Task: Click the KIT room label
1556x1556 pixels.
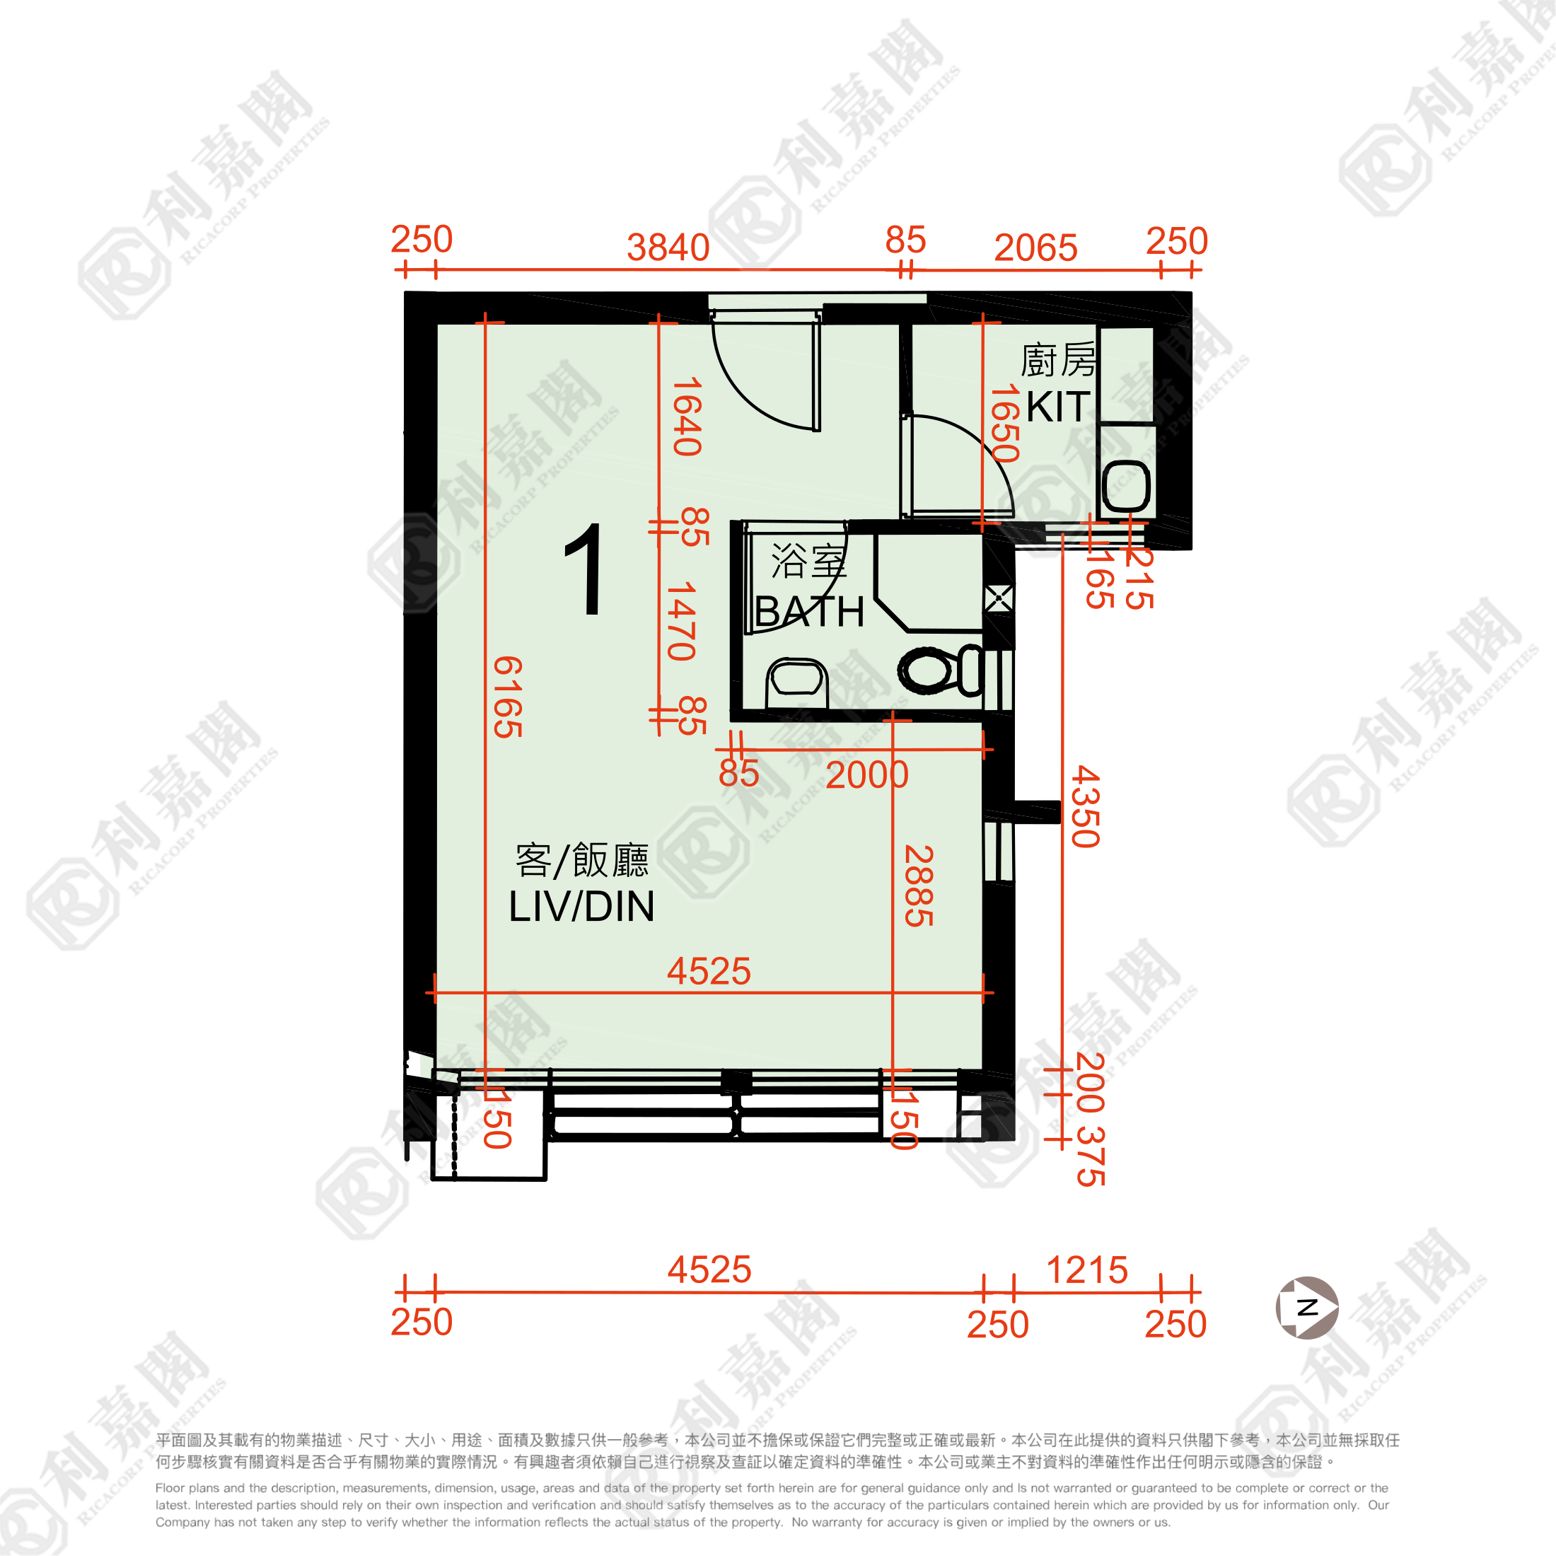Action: [1057, 407]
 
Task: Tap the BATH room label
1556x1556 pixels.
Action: [809, 612]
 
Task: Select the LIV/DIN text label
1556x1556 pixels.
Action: [581, 907]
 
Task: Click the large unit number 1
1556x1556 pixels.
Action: [586, 569]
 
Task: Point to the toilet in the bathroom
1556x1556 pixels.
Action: [939, 670]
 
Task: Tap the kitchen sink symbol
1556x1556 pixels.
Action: [1125, 486]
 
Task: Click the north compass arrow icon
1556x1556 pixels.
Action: [1306, 1307]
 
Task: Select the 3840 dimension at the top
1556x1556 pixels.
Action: [668, 248]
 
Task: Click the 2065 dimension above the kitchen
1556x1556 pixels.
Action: [1035, 248]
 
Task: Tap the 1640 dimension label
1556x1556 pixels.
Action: [687, 417]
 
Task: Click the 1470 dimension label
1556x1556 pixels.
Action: [681, 621]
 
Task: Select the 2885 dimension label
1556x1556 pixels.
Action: [918, 886]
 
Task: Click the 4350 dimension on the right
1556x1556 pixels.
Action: [1085, 806]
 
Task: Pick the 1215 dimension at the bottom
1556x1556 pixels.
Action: [1086, 1271]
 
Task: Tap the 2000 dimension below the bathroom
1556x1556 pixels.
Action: [866, 774]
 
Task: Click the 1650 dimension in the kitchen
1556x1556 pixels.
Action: [1004, 423]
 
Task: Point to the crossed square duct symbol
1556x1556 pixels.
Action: [998, 599]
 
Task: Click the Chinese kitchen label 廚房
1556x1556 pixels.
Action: [1057, 360]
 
